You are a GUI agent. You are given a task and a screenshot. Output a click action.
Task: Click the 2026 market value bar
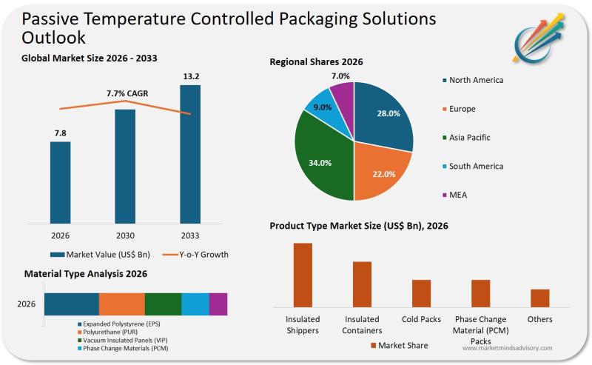click(x=61, y=181)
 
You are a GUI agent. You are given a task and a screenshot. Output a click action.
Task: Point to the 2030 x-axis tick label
click(x=125, y=235)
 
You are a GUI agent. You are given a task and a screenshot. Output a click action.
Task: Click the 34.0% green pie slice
click(x=322, y=159)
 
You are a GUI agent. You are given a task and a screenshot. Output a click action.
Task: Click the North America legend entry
click(x=476, y=80)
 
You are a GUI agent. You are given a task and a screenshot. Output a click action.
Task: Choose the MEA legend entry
click(x=458, y=195)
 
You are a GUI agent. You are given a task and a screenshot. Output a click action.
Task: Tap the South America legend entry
click(x=476, y=166)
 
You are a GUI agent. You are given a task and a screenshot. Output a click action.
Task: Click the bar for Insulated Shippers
click(x=303, y=275)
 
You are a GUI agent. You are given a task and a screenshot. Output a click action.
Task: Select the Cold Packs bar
click(x=421, y=293)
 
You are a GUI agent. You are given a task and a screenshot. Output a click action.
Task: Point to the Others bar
click(x=539, y=298)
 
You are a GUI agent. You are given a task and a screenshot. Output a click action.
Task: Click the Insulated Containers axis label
click(x=362, y=325)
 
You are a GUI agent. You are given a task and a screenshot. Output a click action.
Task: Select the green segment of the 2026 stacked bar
click(x=163, y=304)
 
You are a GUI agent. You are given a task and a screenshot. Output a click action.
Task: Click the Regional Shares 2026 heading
click(x=316, y=62)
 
